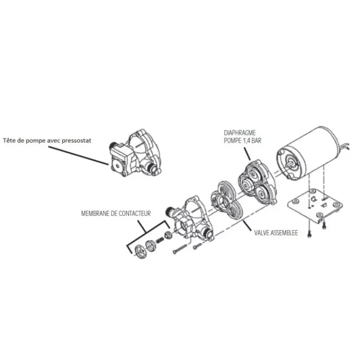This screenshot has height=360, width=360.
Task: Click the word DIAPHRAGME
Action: coord(240,133)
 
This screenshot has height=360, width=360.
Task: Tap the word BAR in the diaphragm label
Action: coord(256,140)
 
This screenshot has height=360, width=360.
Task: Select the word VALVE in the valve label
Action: coord(261,233)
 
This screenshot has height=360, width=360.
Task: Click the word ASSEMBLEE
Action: coord(284,233)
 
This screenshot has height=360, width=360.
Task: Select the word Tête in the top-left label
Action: coord(8,140)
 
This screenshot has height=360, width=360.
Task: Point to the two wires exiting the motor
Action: coord(344,146)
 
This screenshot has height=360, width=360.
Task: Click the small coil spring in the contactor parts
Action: coord(160,240)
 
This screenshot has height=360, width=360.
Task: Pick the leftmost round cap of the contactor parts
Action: coord(140,252)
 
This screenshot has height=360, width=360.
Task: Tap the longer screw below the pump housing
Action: coord(180,249)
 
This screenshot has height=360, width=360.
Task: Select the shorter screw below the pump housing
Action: coord(198,246)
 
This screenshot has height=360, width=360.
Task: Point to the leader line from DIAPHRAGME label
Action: coord(246,153)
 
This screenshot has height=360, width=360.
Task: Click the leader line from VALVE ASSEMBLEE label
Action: coord(248,226)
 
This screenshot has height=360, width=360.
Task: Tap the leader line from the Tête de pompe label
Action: coord(78,155)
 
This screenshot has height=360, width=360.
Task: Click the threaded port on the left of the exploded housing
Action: coord(169,211)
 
